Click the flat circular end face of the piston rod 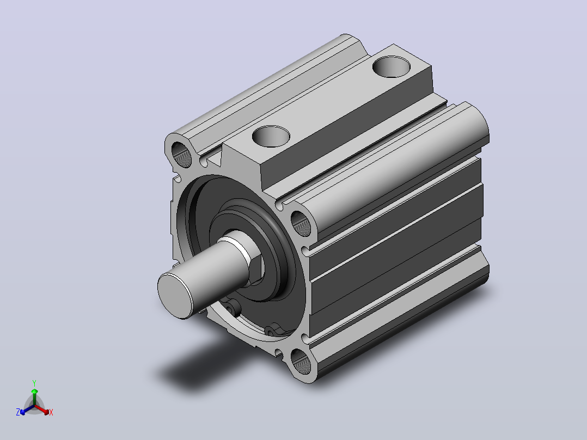(x=175, y=296)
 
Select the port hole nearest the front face (x=271, y=136)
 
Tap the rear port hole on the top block (x=391, y=66)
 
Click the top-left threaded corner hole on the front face (x=181, y=154)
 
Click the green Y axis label (x=34, y=383)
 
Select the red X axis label (x=51, y=412)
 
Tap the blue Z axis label (x=18, y=412)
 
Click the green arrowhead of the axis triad (x=34, y=391)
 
